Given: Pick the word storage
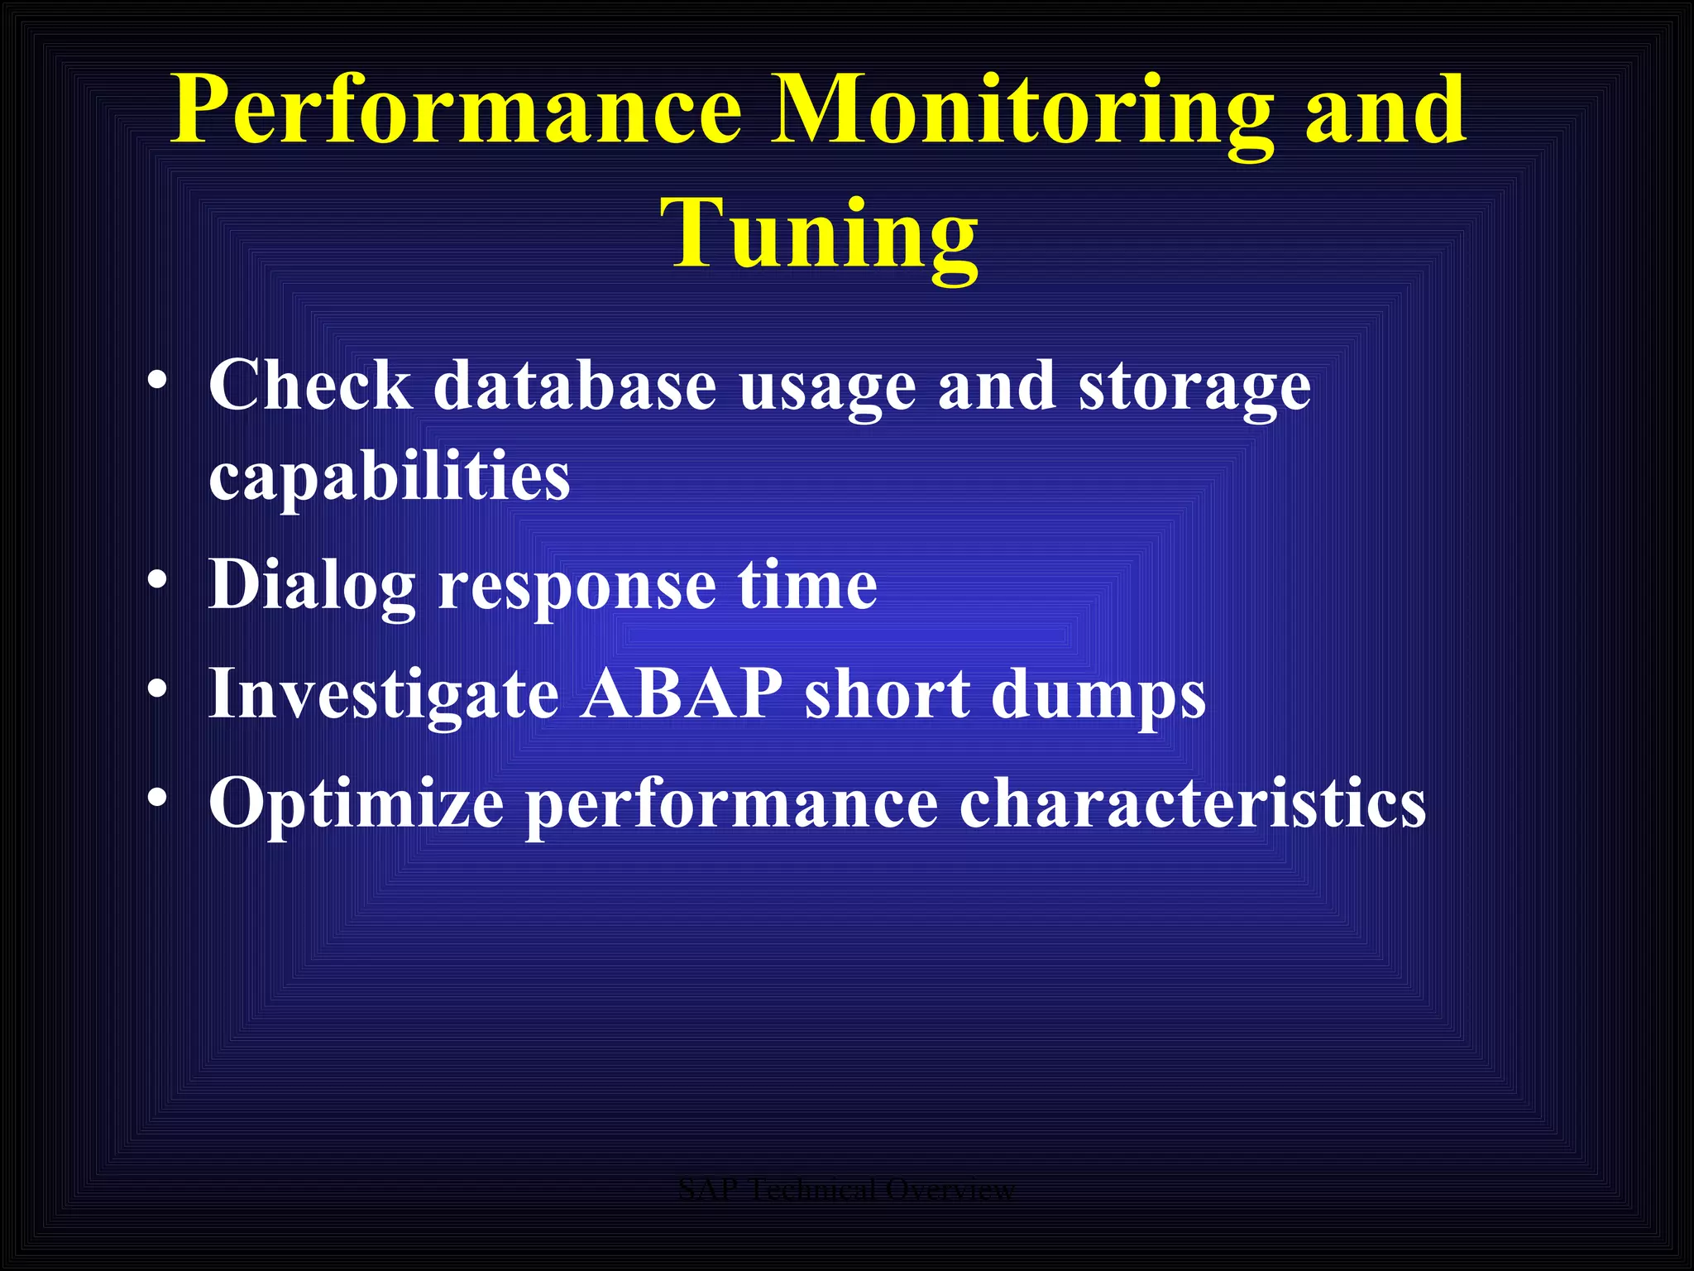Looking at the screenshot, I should click(1194, 386).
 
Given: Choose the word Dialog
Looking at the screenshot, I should click(311, 585).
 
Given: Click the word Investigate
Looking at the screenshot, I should click(384, 693).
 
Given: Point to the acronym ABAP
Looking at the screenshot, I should click(682, 692).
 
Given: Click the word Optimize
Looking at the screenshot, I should click(357, 803).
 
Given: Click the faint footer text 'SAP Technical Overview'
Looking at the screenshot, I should click(846, 1190).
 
